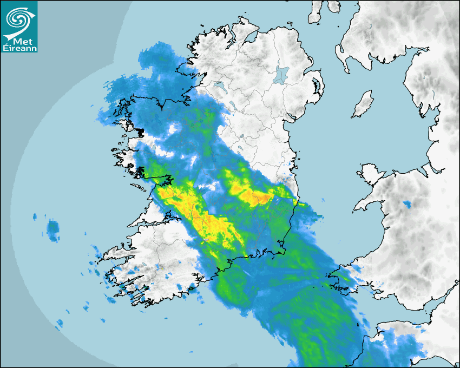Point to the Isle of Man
[363, 104]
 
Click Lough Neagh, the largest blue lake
[281, 74]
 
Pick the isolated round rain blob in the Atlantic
[53, 229]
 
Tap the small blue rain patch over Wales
[406, 205]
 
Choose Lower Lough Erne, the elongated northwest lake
[220, 86]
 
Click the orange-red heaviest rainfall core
[259, 199]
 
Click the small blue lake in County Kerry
[161, 267]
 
